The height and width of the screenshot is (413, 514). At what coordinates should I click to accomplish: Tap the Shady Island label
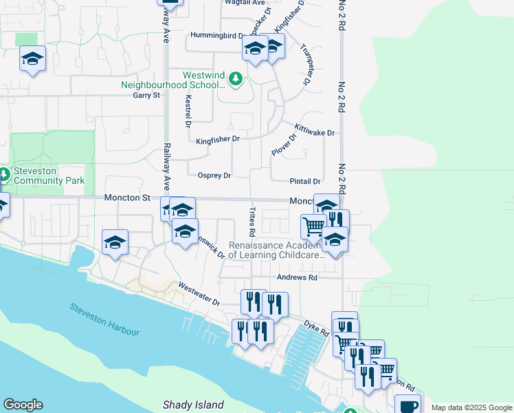(x=193, y=404)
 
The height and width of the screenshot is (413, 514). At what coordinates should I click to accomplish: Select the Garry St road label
(x=146, y=95)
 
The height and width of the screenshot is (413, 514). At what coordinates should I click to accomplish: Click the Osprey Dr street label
(x=214, y=175)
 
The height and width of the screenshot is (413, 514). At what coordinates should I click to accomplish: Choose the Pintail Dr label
(x=306, y=181)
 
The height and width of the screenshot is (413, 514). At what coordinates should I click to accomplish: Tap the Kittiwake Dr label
(x=314, y=129)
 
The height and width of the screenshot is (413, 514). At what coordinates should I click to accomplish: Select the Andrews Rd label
(x=297, y=277)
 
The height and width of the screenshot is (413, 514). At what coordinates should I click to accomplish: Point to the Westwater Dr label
(x=199, y=294)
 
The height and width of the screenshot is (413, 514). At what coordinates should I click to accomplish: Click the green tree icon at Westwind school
(x=236, y=79)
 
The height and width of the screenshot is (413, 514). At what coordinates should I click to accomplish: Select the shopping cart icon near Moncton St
(x=313, y=225)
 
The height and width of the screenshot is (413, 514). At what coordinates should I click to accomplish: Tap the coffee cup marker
(x=407, y=405)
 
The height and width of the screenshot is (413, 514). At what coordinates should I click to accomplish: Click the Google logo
(x=23, y=405)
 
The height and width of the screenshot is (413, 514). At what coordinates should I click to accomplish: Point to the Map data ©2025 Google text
(x=472, y=407)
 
